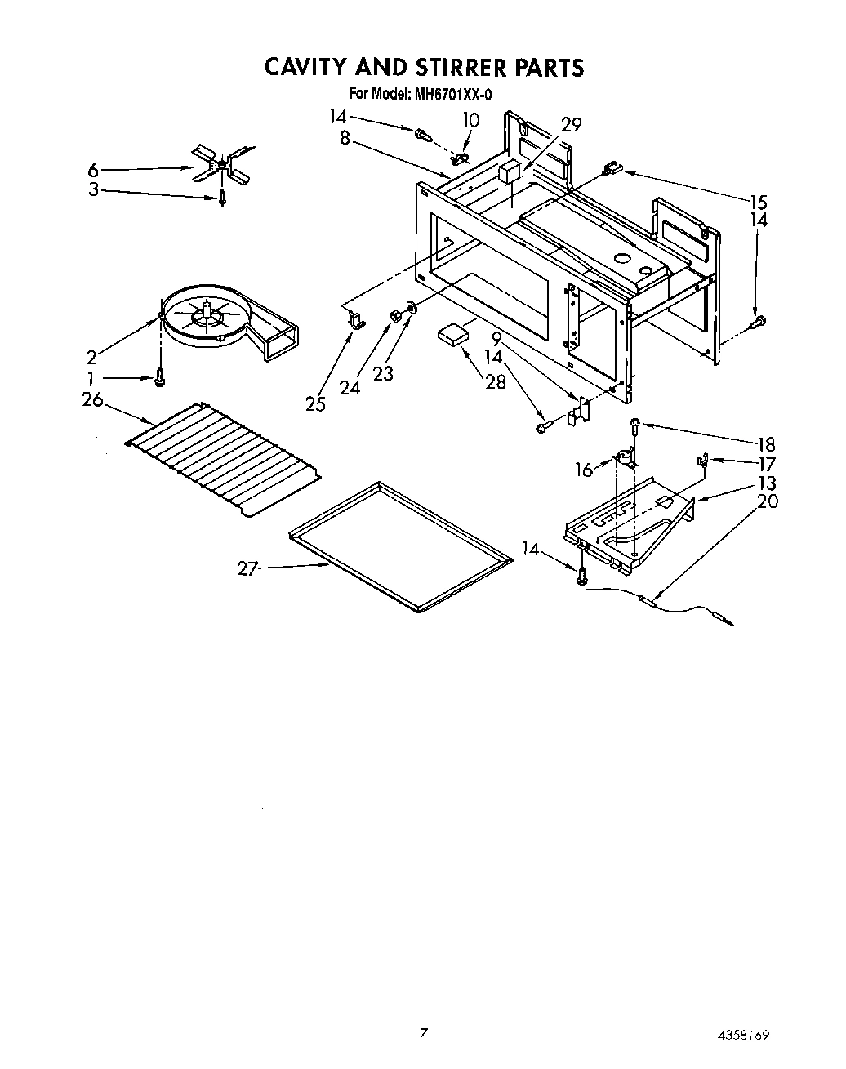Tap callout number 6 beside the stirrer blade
click(94, 170)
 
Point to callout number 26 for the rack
click(92, 399)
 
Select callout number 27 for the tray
click(247, 569)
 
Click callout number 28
click(495, 381)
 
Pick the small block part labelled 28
click(454, 334)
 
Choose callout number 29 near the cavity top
click(571, 124)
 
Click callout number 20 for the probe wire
click(768, 501)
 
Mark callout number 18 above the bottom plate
click(766, 444)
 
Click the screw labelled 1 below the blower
click(160, 377)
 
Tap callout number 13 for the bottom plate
click(767, 483)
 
